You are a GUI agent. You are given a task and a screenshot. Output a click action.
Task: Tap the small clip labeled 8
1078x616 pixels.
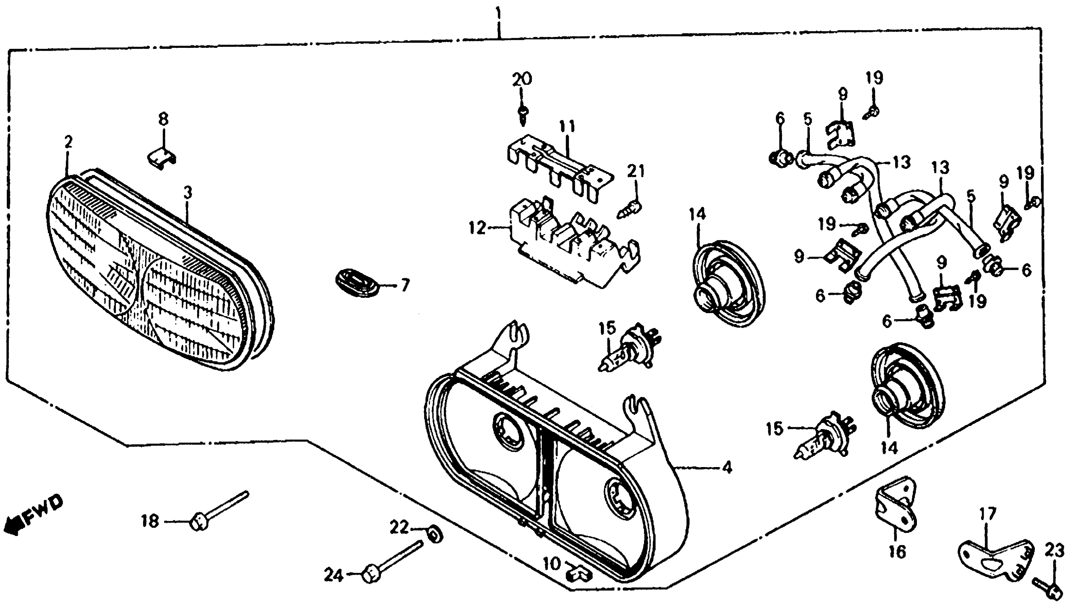pos(161,158)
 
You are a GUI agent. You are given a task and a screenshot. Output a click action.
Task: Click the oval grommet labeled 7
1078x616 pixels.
pos(356,283)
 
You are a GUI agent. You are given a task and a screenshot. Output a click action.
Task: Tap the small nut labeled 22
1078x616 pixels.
pos(435,536)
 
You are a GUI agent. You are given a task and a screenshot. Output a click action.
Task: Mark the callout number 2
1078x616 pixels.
pos(68,142)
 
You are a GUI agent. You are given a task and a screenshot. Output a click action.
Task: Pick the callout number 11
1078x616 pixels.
pos(567,126)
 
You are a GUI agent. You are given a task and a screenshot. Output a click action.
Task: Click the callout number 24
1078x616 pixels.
pos(333,575)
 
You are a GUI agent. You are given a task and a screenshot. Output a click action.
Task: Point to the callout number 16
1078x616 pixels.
pos(897,552)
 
